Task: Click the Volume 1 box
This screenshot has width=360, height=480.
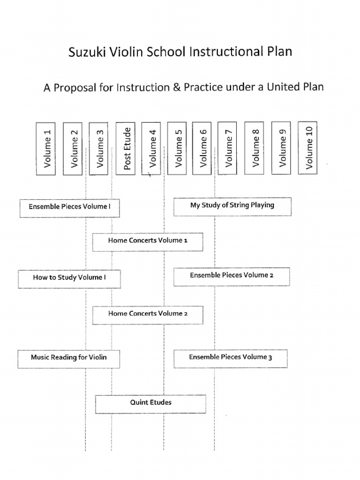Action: (x=46, y=149)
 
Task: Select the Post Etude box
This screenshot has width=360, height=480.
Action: (x=125, y=148)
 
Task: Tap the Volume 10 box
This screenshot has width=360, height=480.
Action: (x=308, y=147)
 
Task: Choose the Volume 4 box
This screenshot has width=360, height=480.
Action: (x=151, y=148)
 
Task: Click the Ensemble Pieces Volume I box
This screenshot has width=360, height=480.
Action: (x=69, y=208)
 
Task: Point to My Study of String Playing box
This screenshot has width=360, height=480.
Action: (x=232, y=206)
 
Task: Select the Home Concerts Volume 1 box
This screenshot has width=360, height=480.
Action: (x=148, y=241)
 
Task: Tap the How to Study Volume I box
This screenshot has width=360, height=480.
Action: (x=69, y=278)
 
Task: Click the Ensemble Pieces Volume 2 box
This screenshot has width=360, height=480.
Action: (x=232, y=276)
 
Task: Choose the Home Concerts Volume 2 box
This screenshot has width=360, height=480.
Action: (x=148, y=315)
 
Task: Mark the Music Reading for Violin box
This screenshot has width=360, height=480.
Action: (x=69, y=359)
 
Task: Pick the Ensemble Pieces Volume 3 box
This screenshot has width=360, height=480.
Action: (x=230, y=359)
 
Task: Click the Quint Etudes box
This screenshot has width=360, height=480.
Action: (x=150, y=404)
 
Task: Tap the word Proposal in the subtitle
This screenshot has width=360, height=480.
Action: (x=72, y=87)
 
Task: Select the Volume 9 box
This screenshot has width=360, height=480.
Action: (x=281, y=148)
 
